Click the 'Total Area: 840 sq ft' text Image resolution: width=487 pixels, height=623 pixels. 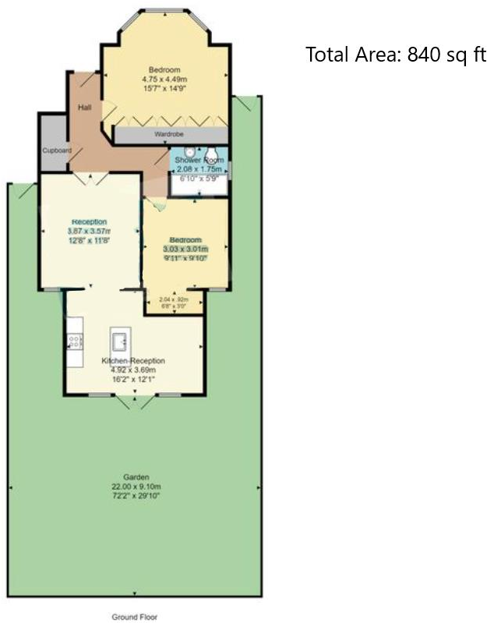[396, 55]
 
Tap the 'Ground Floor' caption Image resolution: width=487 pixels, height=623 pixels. [135, 617]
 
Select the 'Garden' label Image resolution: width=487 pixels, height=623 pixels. [136, 476]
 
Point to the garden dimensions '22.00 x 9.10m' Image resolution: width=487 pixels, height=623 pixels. [136, 486]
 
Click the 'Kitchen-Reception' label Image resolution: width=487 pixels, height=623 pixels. [133, 361]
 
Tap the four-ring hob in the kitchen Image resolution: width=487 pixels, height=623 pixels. [76, 340]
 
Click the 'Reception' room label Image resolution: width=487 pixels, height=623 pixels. [89, 221]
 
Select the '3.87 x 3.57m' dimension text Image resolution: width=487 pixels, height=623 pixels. [89, 231]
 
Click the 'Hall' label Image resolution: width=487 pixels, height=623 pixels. [85, 107]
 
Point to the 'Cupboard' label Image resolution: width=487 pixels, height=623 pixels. [57, 150]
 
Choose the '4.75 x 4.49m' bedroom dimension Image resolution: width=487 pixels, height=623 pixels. [164, 79]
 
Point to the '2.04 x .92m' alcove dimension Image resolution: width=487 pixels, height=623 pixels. [175, 299]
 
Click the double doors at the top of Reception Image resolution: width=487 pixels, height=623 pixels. [93, 178]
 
